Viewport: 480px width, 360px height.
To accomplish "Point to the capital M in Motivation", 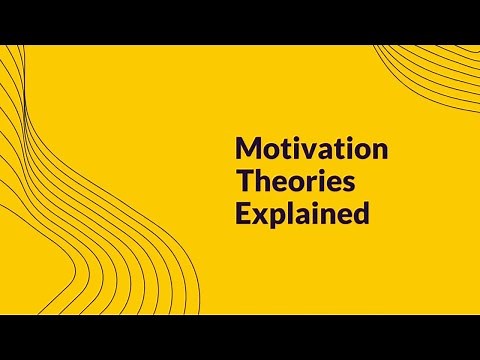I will [x=245, y=151].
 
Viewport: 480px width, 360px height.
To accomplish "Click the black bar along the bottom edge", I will [x=240, y=337].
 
